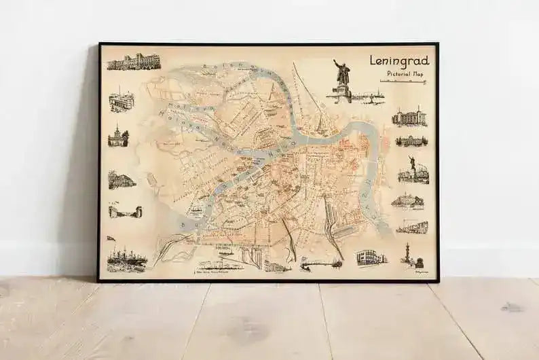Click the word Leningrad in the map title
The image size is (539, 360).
(x=398, y=60)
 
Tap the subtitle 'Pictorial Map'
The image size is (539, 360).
(x=403, y=73)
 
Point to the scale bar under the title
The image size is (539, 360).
(x=403, y=82)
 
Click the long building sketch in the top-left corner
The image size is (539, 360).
(x=132, y=61)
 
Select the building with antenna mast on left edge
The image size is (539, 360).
(x=122, y=101)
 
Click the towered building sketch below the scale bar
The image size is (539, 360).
(x=409, y=118)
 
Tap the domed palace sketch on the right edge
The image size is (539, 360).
(x=411, y=141)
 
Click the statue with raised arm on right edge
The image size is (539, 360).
(x=413, y=170)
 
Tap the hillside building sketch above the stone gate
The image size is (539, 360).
(x=122, y=180)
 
